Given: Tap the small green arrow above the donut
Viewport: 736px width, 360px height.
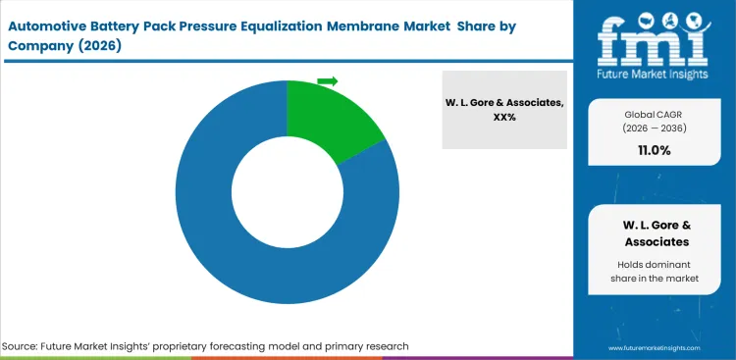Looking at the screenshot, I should click(327, 80).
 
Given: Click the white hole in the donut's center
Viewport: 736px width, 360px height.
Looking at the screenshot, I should click(287, 193).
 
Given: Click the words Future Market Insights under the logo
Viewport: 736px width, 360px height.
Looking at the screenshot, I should click(656, 74).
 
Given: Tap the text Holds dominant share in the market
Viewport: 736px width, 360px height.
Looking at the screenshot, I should click(655, 272).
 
